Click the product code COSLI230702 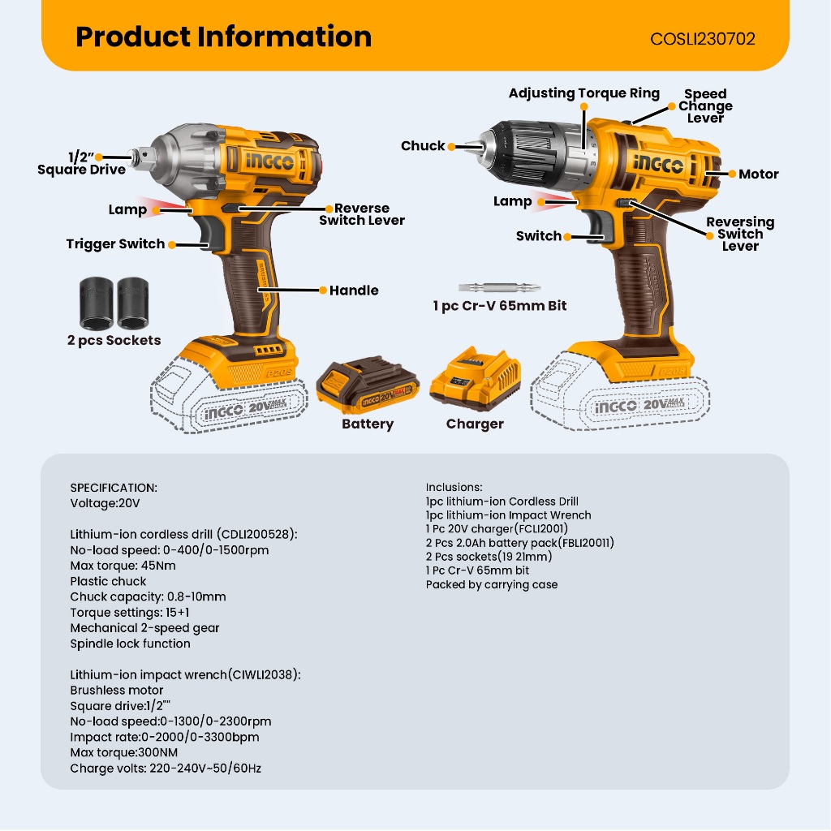pyautogui.click(x=702, y=38)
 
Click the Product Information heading pyautogui.click(x=223, y=37)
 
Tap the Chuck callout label pyautogui.click(x=423, y=146)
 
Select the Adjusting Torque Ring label pyautogui.click(x=583, y=93)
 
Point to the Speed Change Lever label pyautogui.click(x=705, y=105)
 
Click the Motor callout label pyautogui.click(x=758, y=174)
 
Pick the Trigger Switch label pyautogui.click(x=115, y=243)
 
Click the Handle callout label pyautogui.click(x=354, y=290)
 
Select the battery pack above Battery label pyautogui.click(x=367, y=385)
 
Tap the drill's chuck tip pyautogui.click(x=463, y=146)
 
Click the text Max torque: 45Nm pyautogui.click(x=123, y=566)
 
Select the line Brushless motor pyautogui.click(x=117, y=690)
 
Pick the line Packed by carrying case pyautogui.click(x=492, y=584)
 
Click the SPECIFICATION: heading pyautogui.click(x=114, y=488)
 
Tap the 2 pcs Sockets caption pyautogui.click(x=114, y=340)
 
